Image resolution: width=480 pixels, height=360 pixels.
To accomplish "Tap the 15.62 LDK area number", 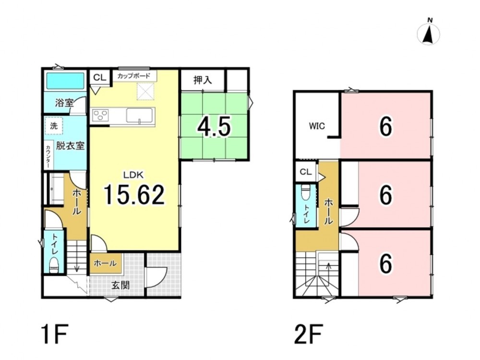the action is (x=134, y=195).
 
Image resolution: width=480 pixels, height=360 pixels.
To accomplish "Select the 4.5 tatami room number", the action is (x=214, y=127).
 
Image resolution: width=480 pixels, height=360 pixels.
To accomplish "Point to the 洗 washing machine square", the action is (x=54, y=125).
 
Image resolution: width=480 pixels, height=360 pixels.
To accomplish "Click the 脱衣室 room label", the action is (x=70, y=146).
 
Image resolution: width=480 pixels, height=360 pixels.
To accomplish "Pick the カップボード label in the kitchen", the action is (x=134, y=76).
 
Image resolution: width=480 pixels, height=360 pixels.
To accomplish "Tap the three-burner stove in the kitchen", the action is (x=100, y=116).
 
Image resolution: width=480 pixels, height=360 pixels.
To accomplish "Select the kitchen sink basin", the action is (x=140, y=116).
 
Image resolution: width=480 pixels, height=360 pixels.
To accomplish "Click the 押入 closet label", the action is (x=203, y=80).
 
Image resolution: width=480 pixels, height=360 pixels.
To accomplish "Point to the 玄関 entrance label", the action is (x=120, y=285).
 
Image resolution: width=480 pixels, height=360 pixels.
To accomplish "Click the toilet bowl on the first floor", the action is (x=54, y=264).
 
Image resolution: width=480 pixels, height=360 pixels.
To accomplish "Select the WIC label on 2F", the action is (x=317, y=126).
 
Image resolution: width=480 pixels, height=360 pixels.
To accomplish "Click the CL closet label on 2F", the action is (x=305, y=172).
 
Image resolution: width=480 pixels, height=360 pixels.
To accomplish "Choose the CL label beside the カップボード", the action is (x=99, y=77).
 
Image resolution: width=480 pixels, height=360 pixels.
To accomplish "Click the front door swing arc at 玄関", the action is (x=162, y=277).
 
